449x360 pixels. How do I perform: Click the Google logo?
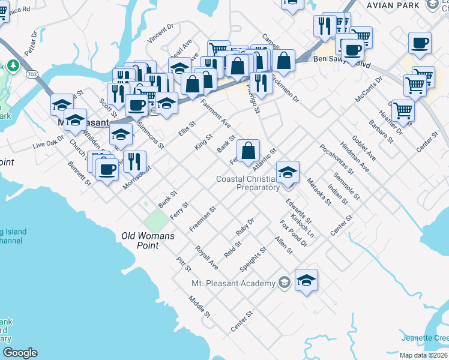click(x=20, y=353)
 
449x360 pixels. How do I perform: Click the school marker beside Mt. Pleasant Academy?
click(x=306, y=280)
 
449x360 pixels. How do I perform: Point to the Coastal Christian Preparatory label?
click(x=248, y=183)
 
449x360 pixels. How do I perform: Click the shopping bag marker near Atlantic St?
click(x=249, y=151)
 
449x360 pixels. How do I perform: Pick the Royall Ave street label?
click(x=206, y=256)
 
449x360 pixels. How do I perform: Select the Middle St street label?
click(x=199, y=307)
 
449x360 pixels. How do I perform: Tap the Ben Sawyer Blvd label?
click(x=339, y=62)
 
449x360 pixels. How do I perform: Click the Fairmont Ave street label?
click(x=215, y=113)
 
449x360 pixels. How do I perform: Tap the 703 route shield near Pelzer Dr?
click(x=32, y=73)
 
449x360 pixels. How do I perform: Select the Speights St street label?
click(x=252, y=259)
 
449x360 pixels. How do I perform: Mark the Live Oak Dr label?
click(x=48, y=143)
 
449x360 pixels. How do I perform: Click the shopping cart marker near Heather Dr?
click(x=402, y=110)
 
